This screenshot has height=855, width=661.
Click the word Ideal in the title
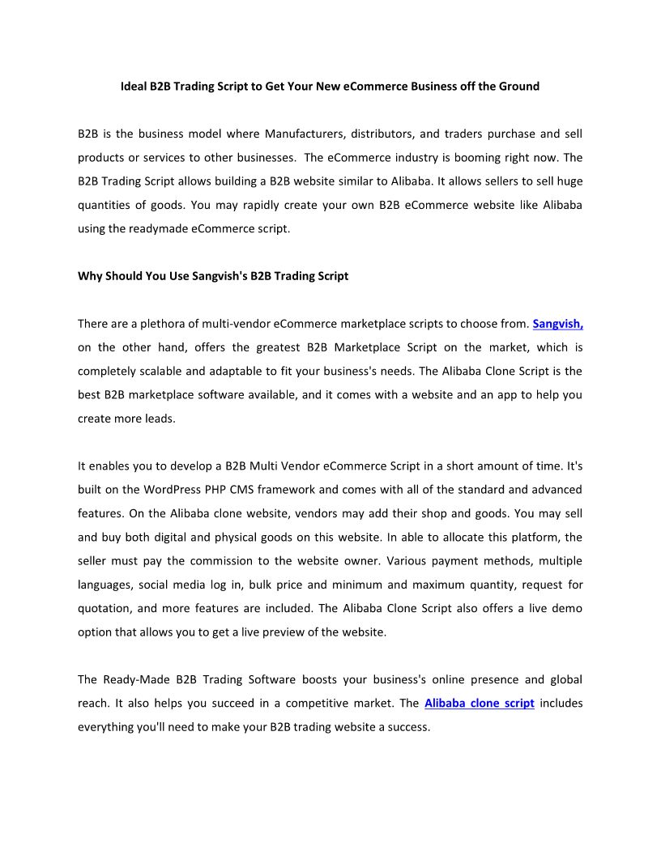tap(134, 86)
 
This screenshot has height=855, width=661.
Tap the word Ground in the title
tap(518, 86)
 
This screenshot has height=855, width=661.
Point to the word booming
tap(465, 157)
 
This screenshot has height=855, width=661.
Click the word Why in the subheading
tap(89, 276)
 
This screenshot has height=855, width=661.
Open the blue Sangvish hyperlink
tap(557, 324)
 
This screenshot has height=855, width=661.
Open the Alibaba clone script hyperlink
tap(479, 704)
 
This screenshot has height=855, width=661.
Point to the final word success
tap(407, 727)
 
